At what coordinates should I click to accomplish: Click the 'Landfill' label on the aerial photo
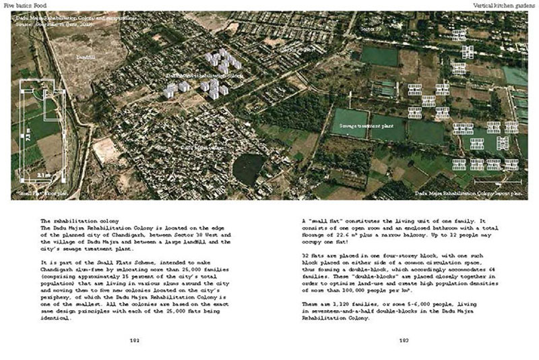point(88,59)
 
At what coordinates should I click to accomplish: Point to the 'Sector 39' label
point(371,30)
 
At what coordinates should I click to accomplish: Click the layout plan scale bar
point(498,182)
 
